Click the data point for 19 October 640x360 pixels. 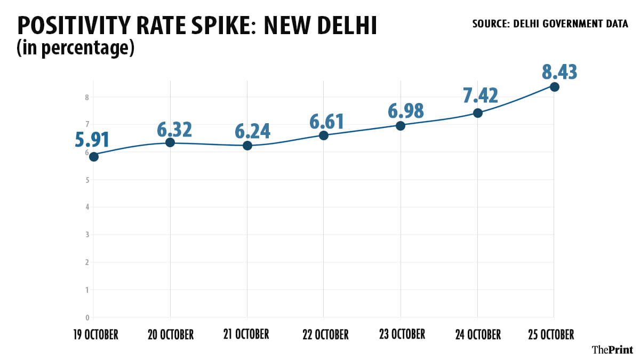[x=93, y=156]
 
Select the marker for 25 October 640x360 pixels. [x=555, y=87]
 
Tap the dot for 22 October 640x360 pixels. [x=324, y=135]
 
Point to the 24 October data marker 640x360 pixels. [x=478, y=113]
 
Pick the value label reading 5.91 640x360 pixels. [x=92, y=140]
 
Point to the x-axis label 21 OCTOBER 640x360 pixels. [x=247, y=334]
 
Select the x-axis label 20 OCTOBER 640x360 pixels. [x=170, y=335]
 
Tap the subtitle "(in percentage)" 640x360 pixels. [x=74, y=48]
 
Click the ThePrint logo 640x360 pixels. [x=612, y=349]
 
